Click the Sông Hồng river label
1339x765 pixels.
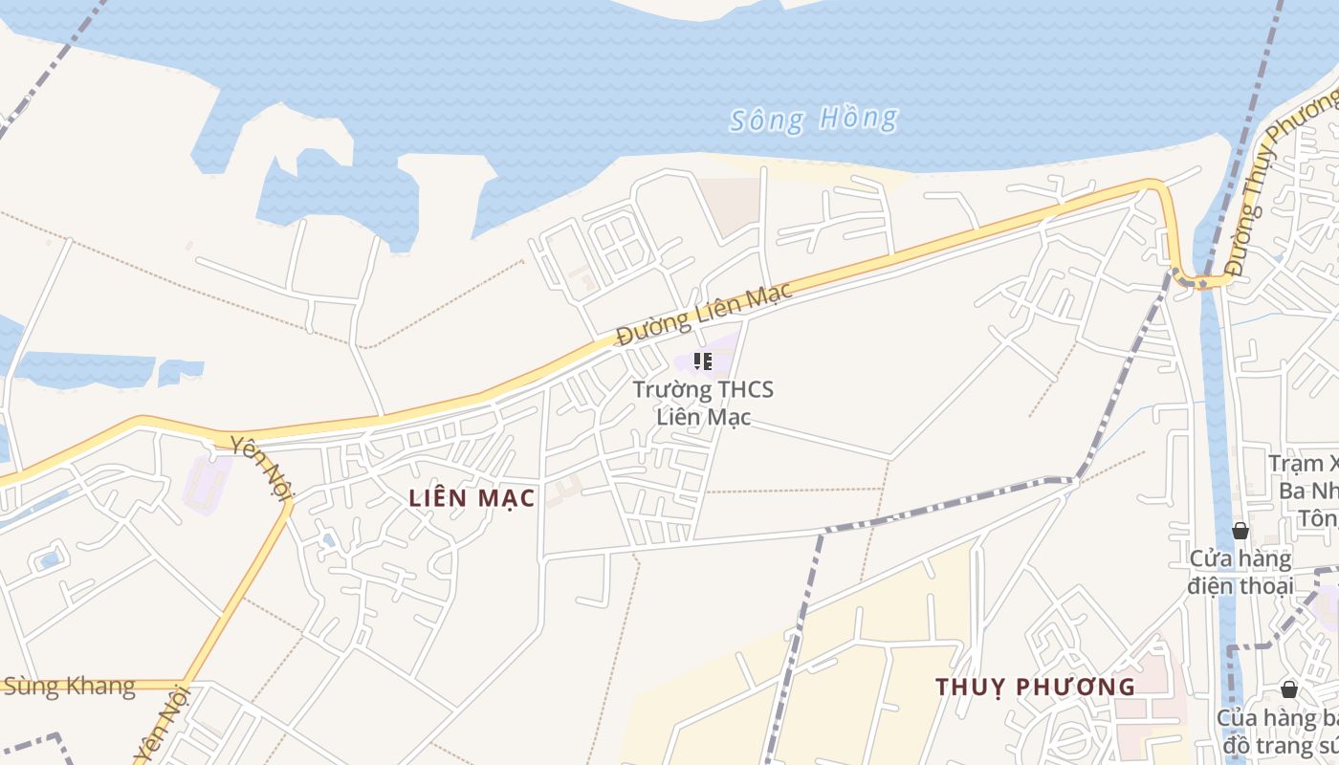click(813, 120)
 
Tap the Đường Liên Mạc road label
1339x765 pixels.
click(704, 314)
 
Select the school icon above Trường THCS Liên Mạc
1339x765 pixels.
click(703, 361)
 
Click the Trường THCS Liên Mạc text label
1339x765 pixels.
click(703, 403)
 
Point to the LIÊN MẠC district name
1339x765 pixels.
click(472, 498)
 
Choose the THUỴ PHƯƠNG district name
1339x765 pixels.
click(1035, 687)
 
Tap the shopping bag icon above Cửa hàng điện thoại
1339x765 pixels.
click(1240, 531)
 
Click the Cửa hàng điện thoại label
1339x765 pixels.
click(1240, 572)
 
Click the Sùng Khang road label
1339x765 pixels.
click(69, 687)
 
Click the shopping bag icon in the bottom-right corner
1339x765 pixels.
click(1289, 689)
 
